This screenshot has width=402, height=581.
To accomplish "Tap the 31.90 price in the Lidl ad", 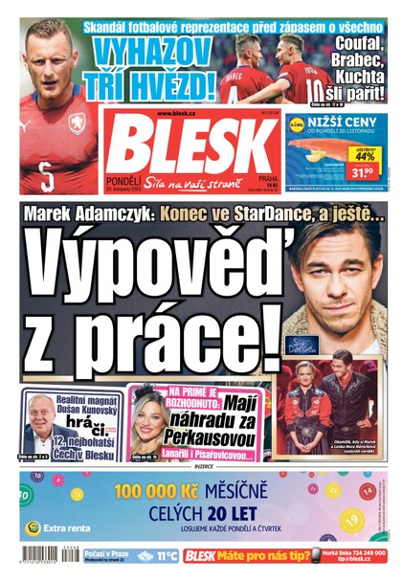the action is tap(362, 172).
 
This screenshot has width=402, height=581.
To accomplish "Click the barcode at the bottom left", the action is tap(39, 555).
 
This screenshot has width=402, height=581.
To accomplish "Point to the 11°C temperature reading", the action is tap(167, 555).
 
